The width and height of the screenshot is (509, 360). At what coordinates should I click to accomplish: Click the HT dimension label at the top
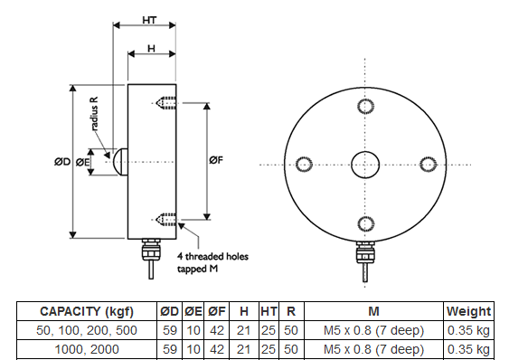click(x=149, y=20)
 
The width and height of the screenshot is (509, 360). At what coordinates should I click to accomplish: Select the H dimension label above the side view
click(x=151, y=49)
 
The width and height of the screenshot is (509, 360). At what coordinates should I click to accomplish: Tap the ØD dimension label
click(x=62, y=162)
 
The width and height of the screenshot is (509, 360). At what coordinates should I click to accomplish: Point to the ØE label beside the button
click(x=82, y=162)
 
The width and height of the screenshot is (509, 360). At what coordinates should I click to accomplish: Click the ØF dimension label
click(x=216, y=160)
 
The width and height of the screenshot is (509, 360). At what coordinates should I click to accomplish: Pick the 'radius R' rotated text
click(x=94, y=114)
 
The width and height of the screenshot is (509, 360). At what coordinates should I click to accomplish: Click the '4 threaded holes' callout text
click(x=212, y=256)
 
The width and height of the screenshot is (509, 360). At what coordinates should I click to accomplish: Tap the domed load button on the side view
click(x=120, y=162)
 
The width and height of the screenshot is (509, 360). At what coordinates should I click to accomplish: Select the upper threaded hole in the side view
click(x=165, y=103)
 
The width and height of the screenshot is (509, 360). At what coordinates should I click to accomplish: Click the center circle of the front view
click(x=365, y=165)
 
